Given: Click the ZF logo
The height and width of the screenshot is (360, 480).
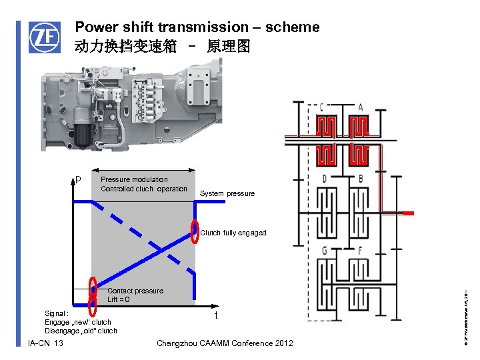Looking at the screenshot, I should coord(43,37).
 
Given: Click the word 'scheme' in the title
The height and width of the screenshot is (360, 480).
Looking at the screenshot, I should coord(292,27).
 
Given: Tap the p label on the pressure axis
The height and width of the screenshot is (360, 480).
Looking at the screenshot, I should coord(78,179).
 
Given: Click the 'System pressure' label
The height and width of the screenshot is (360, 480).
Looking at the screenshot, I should coord(227,194).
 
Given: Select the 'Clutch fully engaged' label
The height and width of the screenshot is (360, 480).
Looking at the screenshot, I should coord(233,233).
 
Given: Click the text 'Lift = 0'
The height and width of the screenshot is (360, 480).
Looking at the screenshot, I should coord(119,300).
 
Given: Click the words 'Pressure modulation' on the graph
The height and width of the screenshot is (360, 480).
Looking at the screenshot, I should coord(134,179).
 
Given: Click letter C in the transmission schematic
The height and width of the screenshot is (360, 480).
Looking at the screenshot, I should coord(322,107).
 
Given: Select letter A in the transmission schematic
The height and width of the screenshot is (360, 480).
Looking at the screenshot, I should coord(361,107).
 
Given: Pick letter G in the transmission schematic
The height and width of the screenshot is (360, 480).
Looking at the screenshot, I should coord(323,250).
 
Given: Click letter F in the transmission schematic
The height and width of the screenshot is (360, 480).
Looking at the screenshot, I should coord(360,250).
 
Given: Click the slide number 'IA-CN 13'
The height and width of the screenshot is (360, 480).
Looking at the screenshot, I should coord(46,343).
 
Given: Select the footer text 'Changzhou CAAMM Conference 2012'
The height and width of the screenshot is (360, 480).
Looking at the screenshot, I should coord(224,343).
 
